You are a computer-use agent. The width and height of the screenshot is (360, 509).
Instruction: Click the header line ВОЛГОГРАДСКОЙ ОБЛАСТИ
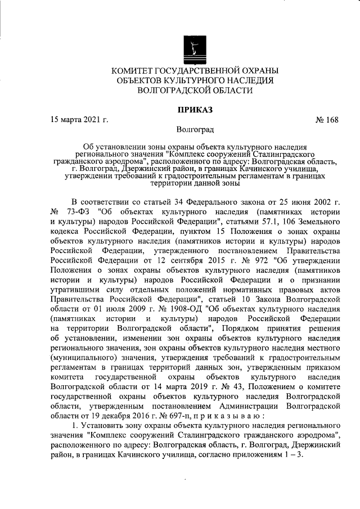click(x=195, y=90)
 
